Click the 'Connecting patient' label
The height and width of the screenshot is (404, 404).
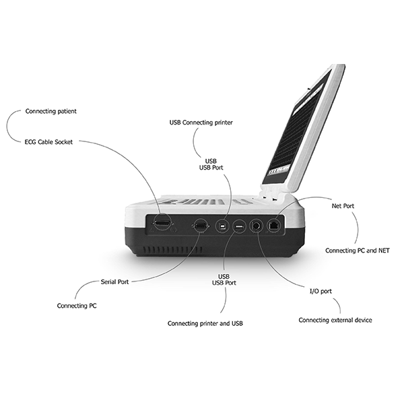point(50,111)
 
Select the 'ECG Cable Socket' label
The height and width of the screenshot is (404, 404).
point(48,142)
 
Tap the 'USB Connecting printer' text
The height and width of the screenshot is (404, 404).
point(201,123)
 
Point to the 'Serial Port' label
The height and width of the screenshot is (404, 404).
point(114,282)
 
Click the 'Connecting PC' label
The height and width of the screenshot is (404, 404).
point(77,306)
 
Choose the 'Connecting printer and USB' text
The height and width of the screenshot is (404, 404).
point(205,323)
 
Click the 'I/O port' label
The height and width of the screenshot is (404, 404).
point(321,291)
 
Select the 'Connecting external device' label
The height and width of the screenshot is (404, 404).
point(335,320)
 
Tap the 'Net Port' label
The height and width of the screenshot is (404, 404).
point(343,206)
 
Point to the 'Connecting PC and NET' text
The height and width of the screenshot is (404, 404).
point(358,250)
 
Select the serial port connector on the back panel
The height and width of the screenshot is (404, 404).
point(201,226)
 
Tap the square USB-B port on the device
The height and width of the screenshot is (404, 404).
point(222,226)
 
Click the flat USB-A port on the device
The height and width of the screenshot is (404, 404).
point(239,227)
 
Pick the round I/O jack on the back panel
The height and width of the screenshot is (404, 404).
point(257,226)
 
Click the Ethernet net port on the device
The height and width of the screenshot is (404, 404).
point(274,226)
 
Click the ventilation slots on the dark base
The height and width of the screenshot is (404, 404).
point(172,250)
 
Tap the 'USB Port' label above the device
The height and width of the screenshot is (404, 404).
point(211,168)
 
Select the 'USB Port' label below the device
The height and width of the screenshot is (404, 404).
point(224,283)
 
